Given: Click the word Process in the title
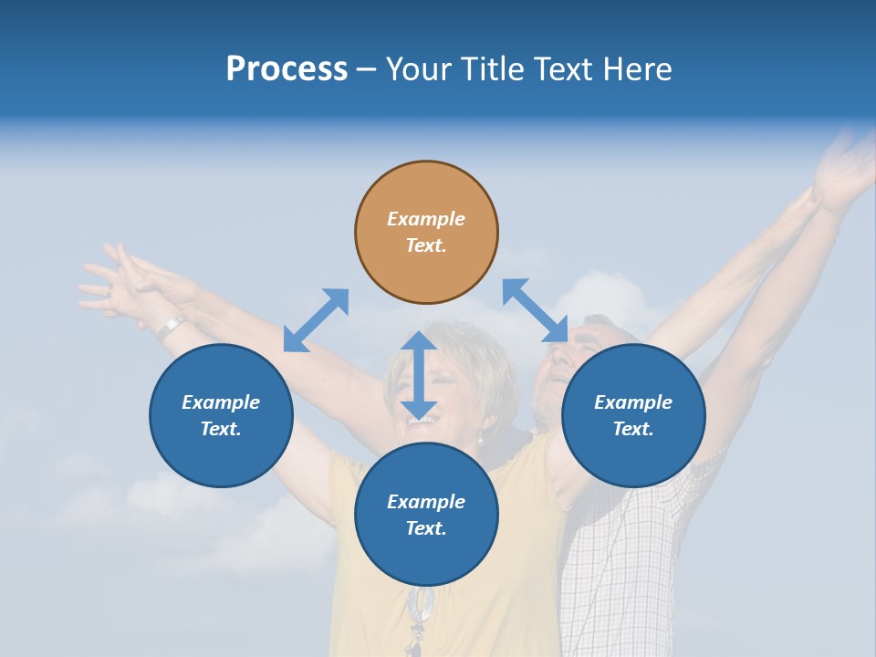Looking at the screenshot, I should click(287, 69).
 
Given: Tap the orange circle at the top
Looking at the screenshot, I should click(426, 232).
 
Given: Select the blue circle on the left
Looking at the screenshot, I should click(221, 415).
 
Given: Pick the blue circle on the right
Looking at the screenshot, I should click(633, 415).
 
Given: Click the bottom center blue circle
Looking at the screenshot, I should click(426, 515).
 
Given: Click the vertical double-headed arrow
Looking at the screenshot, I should click(419, 375).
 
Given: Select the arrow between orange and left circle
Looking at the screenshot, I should click(316, 319).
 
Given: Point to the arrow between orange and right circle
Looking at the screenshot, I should click(535, 310).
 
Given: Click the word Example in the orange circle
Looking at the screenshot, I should click(426, 219).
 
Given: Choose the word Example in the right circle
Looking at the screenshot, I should click(633, 402).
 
